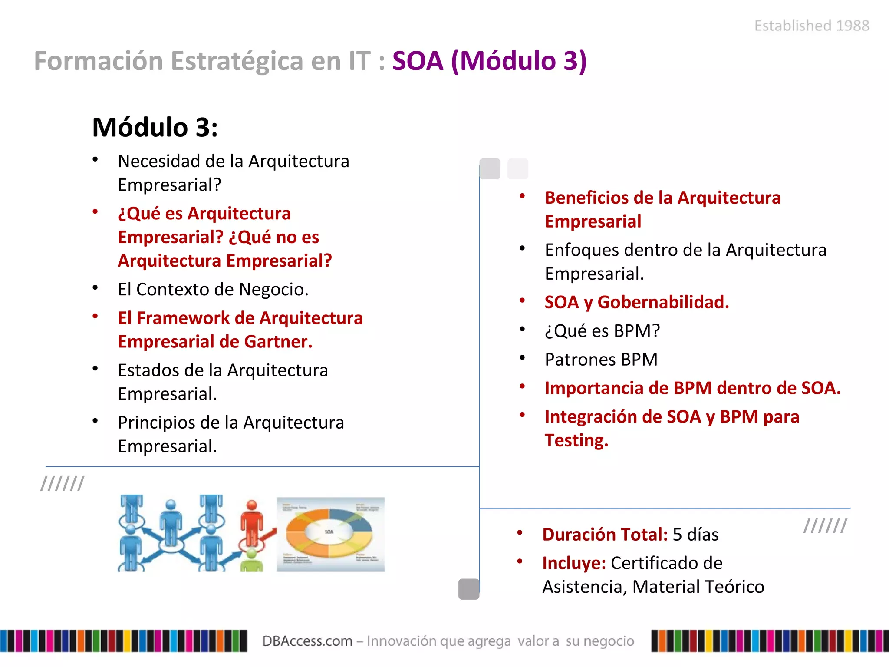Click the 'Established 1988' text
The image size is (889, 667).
click(811, 26)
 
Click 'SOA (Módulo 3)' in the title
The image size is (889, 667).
click(489, 61)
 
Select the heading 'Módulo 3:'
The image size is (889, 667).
click(155, 128)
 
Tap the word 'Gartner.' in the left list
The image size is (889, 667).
click(278, 342)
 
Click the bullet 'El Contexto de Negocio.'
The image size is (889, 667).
click(213, 290)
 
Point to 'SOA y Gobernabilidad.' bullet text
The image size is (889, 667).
click(636, 302)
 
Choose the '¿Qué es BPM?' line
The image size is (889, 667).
click(602, 331)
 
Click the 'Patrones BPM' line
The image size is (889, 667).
click(601, 360)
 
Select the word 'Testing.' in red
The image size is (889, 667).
click(576, 440)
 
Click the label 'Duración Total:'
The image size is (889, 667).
click(605, 535)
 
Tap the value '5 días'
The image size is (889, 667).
click(695, 535)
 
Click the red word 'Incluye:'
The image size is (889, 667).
click(573, 563)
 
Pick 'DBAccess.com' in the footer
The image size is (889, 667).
click(307, 641)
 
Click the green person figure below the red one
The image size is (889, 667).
click(251, 561)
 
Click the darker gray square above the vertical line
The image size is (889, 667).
click(490, 168)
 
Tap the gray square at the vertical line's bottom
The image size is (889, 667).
click(469, 589)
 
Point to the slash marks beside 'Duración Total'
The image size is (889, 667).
click(825, 525)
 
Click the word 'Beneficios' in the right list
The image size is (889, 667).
click(587, 198)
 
